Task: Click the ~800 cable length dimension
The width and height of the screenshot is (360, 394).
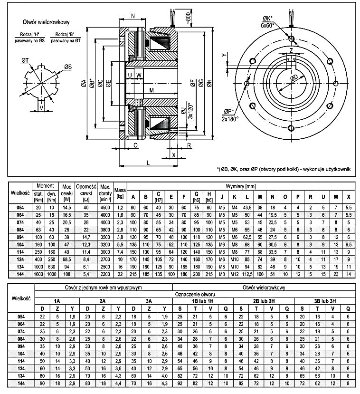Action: (x=189, y=19)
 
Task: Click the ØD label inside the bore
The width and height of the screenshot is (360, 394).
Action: (x=294, y=77)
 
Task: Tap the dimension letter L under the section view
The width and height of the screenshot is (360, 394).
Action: (x=148, y=163)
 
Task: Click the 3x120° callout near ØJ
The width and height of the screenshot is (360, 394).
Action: (x=189, y=110)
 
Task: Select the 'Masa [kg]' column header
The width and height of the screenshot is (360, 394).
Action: (x=120, y=193)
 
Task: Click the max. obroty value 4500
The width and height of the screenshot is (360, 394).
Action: (x=104, y=207)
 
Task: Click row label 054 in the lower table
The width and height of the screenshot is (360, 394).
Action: (x=20, y=316)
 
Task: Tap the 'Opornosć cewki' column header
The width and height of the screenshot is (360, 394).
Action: (x=86, y=193)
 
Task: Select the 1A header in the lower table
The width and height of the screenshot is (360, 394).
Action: (x=57, y=301)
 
